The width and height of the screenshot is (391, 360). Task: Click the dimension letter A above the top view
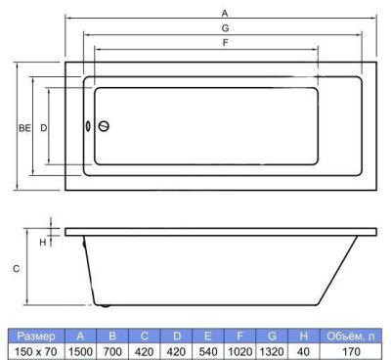pyautogui.click(x=225, y=14)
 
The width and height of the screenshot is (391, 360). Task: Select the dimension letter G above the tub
pyautogui.click(x=225, y=28)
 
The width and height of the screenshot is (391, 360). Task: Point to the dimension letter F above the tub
pyautogui.click(x=225, y=42)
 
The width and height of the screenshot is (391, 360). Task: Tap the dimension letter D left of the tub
pyautogui.click(x=44, y=128)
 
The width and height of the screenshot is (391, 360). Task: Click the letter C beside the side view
pyautogui.click(x=16, y=269)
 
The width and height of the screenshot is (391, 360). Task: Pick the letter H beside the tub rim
pyautogui.click(x=43, y=243)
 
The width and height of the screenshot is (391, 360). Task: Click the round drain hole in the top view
pyautogui.click(x=104, y=126)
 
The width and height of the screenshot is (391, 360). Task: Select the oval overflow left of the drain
pyautogui.click(x=88, y=126)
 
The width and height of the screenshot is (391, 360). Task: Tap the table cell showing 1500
pyautogui.click(x=80, y=352)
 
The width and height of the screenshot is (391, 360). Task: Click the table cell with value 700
pyautogui.click(x=112, y=352)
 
